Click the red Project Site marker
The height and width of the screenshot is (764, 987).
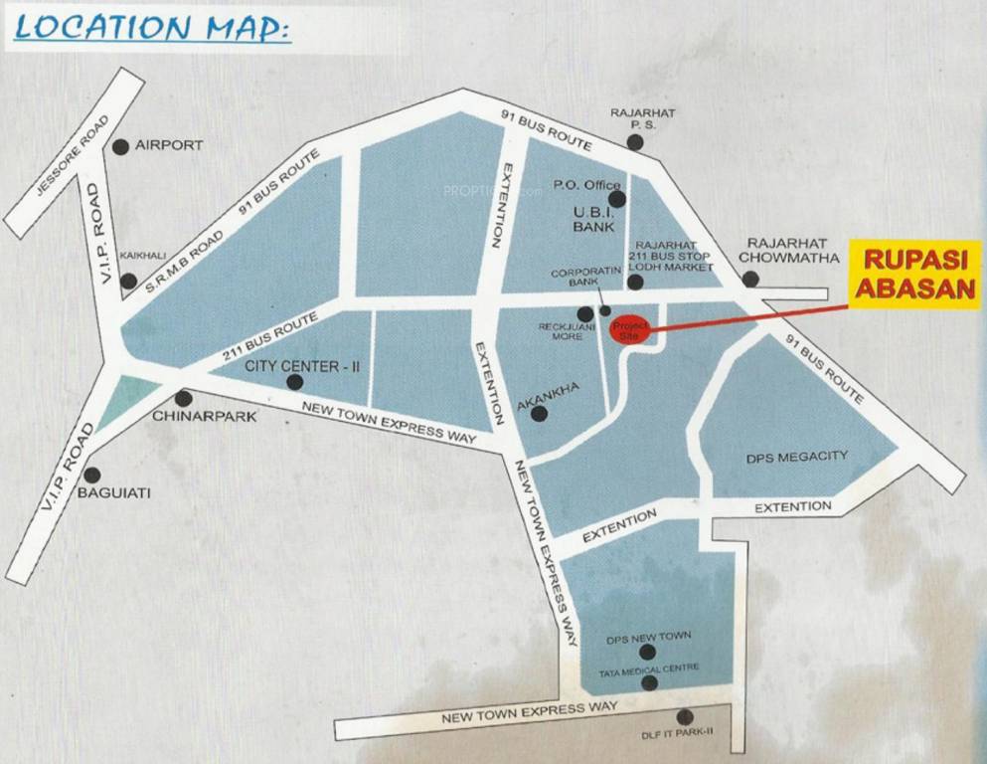pyautogui.click(x=627, y=331)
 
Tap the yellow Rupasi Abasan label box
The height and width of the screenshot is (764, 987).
pyautogui.click(x=915, y=274)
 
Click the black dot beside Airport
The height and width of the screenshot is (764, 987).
pyautogui.click(x=120, y=146)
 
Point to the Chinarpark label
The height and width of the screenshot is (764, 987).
pyautogui.click(x=204, y=416)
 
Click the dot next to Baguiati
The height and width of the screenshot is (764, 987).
pyautogui.click(x=92, y=476)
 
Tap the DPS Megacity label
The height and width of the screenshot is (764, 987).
pyautogui.click(x=796, y=457)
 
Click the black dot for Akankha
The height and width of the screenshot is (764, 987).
pyautogui.click(x=539, y=413)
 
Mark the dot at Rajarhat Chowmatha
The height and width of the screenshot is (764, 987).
pyautogui.click(x=750, y=280)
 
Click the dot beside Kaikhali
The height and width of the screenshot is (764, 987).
pyautogui.click(x=128, y=281)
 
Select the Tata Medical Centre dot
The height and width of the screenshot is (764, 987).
pyautogui.click(x=649, y=683)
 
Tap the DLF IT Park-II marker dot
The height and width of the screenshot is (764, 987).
pyautogui.click(x=684, y=716)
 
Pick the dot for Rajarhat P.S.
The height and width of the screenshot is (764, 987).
pyautogui.click(x=634, y=142)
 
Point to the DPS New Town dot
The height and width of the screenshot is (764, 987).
pyautogui.click(x=647, y=653)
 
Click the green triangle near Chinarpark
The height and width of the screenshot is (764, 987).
pyautogui.click(x=133, y=394)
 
